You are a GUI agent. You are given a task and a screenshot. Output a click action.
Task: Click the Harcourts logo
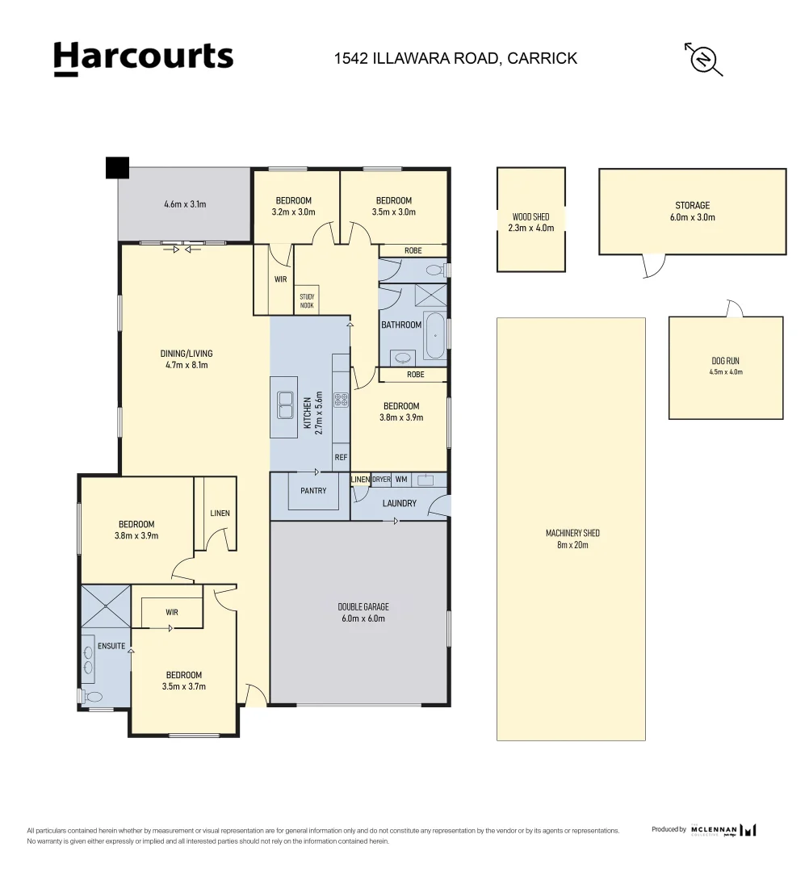(143, 58)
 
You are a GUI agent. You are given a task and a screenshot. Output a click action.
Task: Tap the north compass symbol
(703, 58)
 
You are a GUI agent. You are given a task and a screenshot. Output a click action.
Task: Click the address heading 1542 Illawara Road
(456, 58)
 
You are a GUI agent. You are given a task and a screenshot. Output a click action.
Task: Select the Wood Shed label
(530, 222)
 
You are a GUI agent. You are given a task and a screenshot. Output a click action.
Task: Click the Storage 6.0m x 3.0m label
(692, 212)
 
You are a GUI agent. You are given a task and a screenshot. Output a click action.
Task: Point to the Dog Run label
(725, 367)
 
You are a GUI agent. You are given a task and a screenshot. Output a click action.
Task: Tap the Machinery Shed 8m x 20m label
(572, 539)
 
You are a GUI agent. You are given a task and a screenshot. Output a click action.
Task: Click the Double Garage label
(358, 612)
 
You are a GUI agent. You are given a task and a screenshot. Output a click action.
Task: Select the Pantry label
(313, 491)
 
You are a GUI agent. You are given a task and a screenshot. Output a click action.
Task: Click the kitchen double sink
(286, 405)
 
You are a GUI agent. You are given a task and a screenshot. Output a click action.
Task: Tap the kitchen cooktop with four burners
(341, 398)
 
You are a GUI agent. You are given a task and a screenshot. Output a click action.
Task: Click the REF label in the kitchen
(341, 457)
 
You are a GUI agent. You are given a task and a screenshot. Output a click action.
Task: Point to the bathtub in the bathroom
(434, 335)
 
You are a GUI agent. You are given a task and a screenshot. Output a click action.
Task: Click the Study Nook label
(307, 301)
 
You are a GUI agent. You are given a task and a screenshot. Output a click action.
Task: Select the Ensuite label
(111, 646)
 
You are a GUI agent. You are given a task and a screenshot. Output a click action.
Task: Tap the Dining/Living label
(187, 358)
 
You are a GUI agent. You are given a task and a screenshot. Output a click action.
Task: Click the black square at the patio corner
(117, 167)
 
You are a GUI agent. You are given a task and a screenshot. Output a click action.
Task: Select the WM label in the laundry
(401, 480)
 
